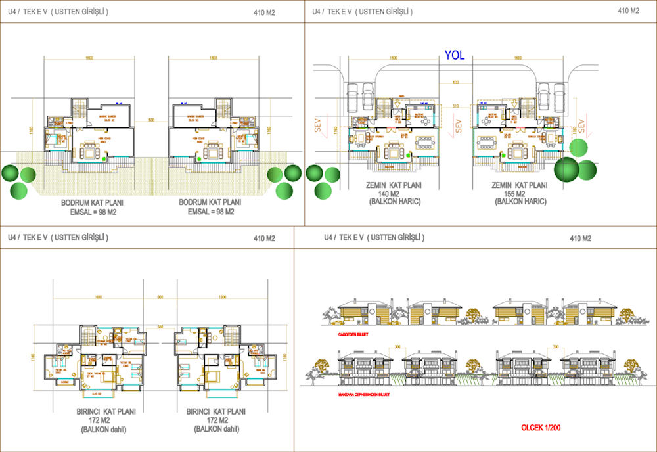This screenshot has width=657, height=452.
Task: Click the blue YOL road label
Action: pyautogui.click(x=454, y=56)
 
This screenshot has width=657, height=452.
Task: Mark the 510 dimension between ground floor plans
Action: pyautogui.click(x=454, y=105)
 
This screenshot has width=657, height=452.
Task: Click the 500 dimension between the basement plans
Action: pyautogui.click(x=151, y=120)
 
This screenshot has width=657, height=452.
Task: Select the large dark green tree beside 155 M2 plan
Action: pyautogui.click(x=569, y=168)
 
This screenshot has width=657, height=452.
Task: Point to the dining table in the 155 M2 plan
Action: pyautogui.click(x=488, y=142)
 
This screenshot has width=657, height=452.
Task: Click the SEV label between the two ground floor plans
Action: pyautogui.click(x=459, y=124)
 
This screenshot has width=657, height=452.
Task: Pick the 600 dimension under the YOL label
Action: pyautogui.click(x=455, y=82)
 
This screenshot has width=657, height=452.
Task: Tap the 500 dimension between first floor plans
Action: pyautogui.click(x=160, y=326)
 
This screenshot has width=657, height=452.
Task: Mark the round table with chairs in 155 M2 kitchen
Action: pyautogui.click(x=489, y=121)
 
